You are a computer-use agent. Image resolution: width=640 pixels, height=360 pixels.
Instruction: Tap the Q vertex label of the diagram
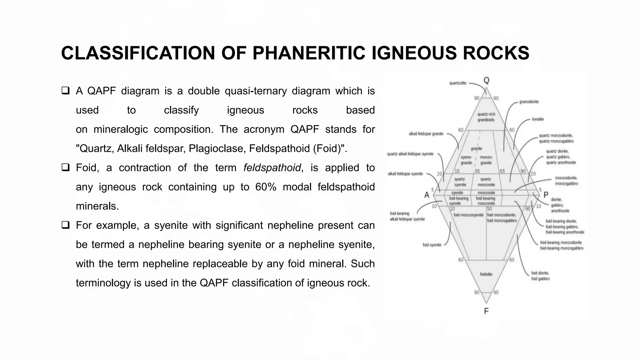click(486, 80)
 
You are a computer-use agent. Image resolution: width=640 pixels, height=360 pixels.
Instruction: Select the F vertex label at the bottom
click(486, 311)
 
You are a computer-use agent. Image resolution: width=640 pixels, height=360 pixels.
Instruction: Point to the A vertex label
click(427, 195)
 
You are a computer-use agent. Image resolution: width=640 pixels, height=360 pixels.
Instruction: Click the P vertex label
click(546, 195)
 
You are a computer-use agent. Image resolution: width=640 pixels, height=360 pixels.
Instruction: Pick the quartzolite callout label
click(458, 83)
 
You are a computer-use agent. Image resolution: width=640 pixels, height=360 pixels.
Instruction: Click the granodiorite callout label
click(529, 102)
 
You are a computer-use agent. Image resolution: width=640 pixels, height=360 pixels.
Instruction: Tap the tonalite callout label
click(538, 119)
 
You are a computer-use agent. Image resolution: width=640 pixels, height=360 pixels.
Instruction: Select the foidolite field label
click(486, 274)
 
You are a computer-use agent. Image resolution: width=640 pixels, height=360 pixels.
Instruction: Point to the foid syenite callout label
click(432, 245)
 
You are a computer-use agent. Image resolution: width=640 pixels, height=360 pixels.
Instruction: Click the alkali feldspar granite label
click(426, 134)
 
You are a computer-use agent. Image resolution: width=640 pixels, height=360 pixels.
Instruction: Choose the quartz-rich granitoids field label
click(486, 117)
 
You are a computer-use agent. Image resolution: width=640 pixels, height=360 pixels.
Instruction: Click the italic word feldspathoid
click(272, 168)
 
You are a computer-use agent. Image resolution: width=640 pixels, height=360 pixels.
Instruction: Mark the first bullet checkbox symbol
click(65, 91)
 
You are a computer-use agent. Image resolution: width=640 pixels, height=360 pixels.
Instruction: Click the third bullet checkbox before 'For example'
click(65, 225)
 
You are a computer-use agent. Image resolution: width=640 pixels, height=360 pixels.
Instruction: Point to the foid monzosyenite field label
click(468, 215)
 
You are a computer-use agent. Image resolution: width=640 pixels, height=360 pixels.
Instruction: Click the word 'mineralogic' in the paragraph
click(121, 129)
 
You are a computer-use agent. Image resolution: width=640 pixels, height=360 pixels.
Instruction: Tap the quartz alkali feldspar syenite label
click(410, 154)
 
